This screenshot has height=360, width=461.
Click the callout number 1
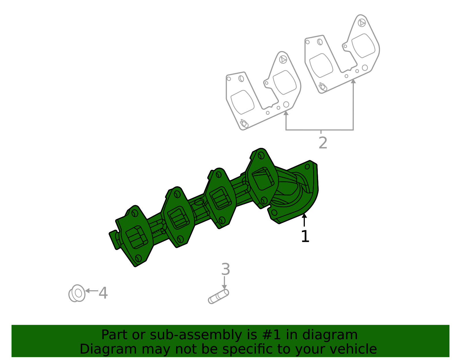[305, 237]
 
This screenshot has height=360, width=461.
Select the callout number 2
[323, 143]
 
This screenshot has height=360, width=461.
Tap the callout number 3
[226, 269]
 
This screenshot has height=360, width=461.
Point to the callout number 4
[103, 293]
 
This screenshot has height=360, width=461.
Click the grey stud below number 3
[218, 297]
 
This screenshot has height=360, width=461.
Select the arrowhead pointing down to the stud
[224, 287]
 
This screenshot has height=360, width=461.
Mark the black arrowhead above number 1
[304, 215]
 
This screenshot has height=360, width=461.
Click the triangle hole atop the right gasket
[362, 23]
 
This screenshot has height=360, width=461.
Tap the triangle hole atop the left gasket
[283, 60]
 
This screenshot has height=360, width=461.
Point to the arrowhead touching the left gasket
[286, 113]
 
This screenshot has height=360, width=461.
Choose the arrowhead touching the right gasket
[353, 81]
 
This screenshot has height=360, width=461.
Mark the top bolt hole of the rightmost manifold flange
[261, 156]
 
